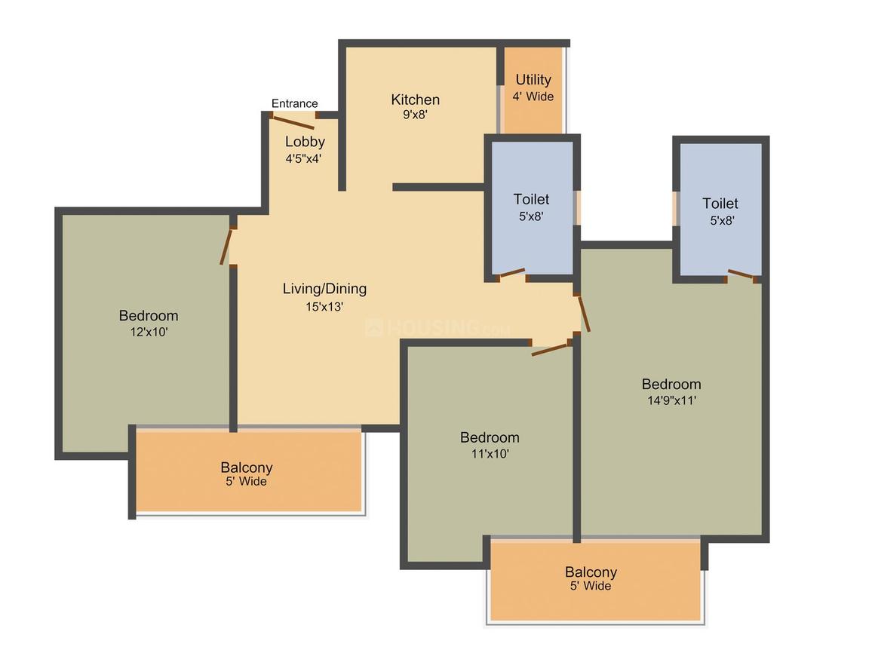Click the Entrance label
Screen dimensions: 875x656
click(x=295, y=103)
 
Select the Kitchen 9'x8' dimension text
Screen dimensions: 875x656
click(x=415, y=115)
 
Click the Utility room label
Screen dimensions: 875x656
click(x=533, y=80)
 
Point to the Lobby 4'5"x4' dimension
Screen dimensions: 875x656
click(x=303, y=158)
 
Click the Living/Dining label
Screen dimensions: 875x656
click(x=325, y=289)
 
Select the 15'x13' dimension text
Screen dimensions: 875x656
click(x=324, y=307)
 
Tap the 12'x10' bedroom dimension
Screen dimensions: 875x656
click(x=149, y=332)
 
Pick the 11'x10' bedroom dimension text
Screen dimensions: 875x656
click(x=490, y=454)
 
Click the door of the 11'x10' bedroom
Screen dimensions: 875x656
click(x=551, y=349)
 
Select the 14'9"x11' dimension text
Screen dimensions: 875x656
click(x=672, y=400)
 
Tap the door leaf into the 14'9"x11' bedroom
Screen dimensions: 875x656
click(x=584, y=314)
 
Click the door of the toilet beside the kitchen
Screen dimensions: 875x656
click(x=511, y=273)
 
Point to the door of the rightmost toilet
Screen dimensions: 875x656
click(x=741, y=274)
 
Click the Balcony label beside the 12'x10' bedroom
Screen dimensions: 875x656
click(x=247, y=467)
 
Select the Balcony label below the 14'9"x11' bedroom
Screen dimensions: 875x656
click(x=591, y=572)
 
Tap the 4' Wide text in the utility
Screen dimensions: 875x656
click(x=533, y=97)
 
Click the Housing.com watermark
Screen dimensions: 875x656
click(x=438, y=326)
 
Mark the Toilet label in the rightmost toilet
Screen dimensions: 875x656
click(x=720, y=203)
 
